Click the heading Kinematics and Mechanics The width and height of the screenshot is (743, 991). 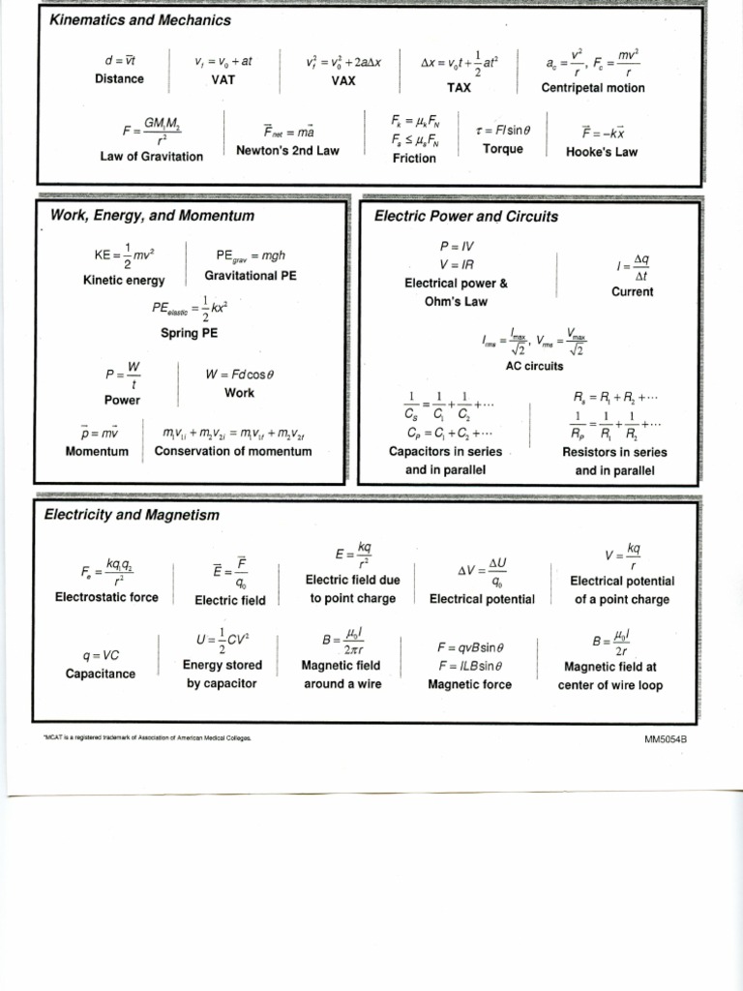click(140, 20)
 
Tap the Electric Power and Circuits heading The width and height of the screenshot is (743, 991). click(465, 216)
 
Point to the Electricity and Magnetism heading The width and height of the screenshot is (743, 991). click(132, 515)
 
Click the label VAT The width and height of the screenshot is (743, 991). click(223, 80)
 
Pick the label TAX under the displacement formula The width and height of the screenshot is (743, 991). click(459, 86)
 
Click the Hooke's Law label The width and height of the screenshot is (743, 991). click(602, 152)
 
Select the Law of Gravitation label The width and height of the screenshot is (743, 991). click(152, 156)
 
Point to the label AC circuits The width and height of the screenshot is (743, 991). click(534, 366)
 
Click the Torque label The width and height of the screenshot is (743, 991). click(502, 148)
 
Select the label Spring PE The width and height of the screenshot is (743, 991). click(189, 333)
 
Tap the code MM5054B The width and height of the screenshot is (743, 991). click(671, 739)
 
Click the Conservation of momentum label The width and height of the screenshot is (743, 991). click(233, 451)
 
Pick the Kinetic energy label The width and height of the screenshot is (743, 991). click(124, 280)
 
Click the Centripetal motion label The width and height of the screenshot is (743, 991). click(592, 88)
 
